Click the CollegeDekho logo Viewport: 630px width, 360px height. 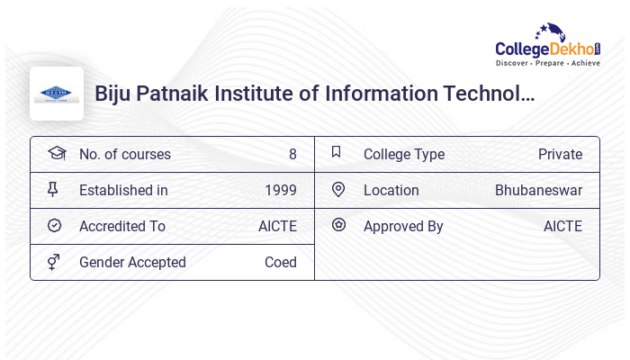pos(548,47)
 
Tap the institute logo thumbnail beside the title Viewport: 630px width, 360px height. pos(57,94)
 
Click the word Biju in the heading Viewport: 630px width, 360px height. pos(114,94)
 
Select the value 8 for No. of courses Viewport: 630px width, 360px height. pos(292,154)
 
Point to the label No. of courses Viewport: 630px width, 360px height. pos(124,154)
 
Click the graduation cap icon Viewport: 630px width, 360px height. pos(56,153)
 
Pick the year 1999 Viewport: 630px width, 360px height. pos(280,190)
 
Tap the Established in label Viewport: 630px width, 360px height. pos(123,190)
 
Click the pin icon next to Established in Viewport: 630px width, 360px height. pos(53,189)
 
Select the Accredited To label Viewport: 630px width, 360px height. pos(122,226)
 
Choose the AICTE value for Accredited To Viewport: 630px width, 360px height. pos(277,226)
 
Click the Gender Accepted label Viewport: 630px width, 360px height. pos(132,262)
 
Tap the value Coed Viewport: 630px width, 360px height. pos(280,262)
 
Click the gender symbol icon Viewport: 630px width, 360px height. pos(54,262)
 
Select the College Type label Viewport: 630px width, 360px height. pos(403,154)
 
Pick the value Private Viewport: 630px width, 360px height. pos(560,154)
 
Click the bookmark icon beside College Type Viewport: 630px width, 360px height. pos(337,152)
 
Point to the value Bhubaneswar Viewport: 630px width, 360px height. pos(538,190)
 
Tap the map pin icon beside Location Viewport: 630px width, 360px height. pos(338,189)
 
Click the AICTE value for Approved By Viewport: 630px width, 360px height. pos(562,226)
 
